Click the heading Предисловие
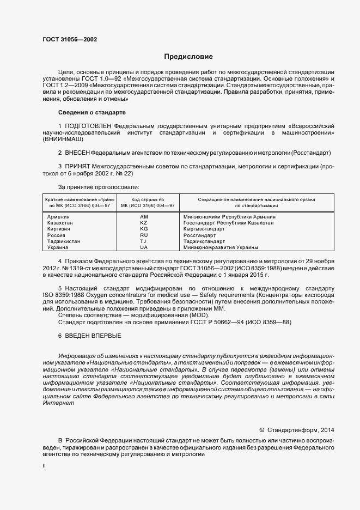click(x=188, y=57)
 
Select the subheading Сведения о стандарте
click(x=91, y=112)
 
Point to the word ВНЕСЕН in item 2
click(x=77, y=153)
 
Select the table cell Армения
click(x=59, y=217)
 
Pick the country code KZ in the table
click(x=144, y=223)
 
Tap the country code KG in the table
click(x=144, y=229)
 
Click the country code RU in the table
click(x=144, y=235)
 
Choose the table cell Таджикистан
click(x=64, y=241)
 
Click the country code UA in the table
click(x=144, y=247)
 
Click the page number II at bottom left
click(x=44, y=466)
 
